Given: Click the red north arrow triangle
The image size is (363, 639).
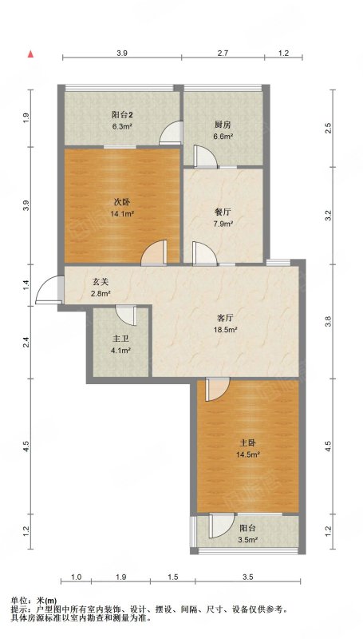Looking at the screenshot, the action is (30, 54).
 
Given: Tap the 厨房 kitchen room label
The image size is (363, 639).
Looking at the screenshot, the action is (220, 125).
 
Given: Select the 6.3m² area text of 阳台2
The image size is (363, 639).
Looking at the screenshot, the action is (122, 126).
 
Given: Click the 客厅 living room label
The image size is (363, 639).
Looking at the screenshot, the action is (223, 318).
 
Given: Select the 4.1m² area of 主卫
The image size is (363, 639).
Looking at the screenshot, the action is (121, 350).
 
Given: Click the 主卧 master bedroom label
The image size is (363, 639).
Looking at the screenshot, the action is (248, 443).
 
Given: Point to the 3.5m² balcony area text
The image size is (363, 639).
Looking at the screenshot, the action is (248, 541).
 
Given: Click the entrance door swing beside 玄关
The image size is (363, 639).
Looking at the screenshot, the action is (49, 290).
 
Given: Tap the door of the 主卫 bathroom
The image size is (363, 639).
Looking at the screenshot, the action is (126, 316).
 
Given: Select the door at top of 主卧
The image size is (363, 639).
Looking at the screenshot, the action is (218, 390).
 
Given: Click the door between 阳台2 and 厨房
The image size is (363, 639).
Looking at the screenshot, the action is (170, 133).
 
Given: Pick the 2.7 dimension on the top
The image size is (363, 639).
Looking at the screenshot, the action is (223, 53).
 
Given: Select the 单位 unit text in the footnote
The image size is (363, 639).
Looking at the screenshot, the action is (18, 601).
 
